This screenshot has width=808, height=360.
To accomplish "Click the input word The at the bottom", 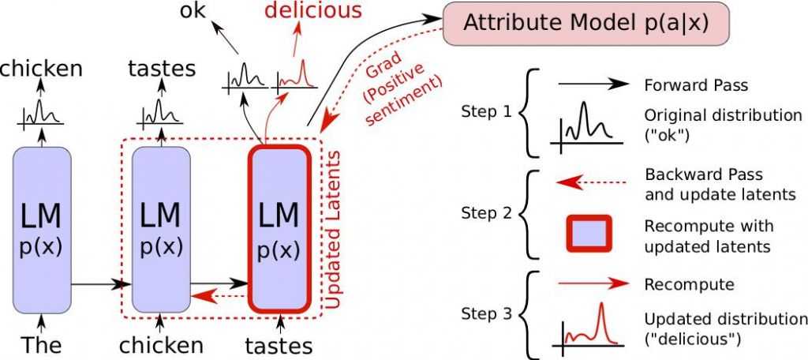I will click(x=41, y=345).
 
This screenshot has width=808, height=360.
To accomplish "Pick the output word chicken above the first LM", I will click(x=42, y=69).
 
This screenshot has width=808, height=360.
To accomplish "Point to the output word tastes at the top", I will click(x=161, y=69).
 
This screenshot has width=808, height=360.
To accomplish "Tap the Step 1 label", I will click(x=482, y=111).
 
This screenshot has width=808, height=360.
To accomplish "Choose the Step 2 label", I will click(x=482, y=212).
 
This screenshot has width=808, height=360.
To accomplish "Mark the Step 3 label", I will click(x=482, y=313).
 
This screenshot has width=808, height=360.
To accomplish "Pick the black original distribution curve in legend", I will click(x=589, y=126).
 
